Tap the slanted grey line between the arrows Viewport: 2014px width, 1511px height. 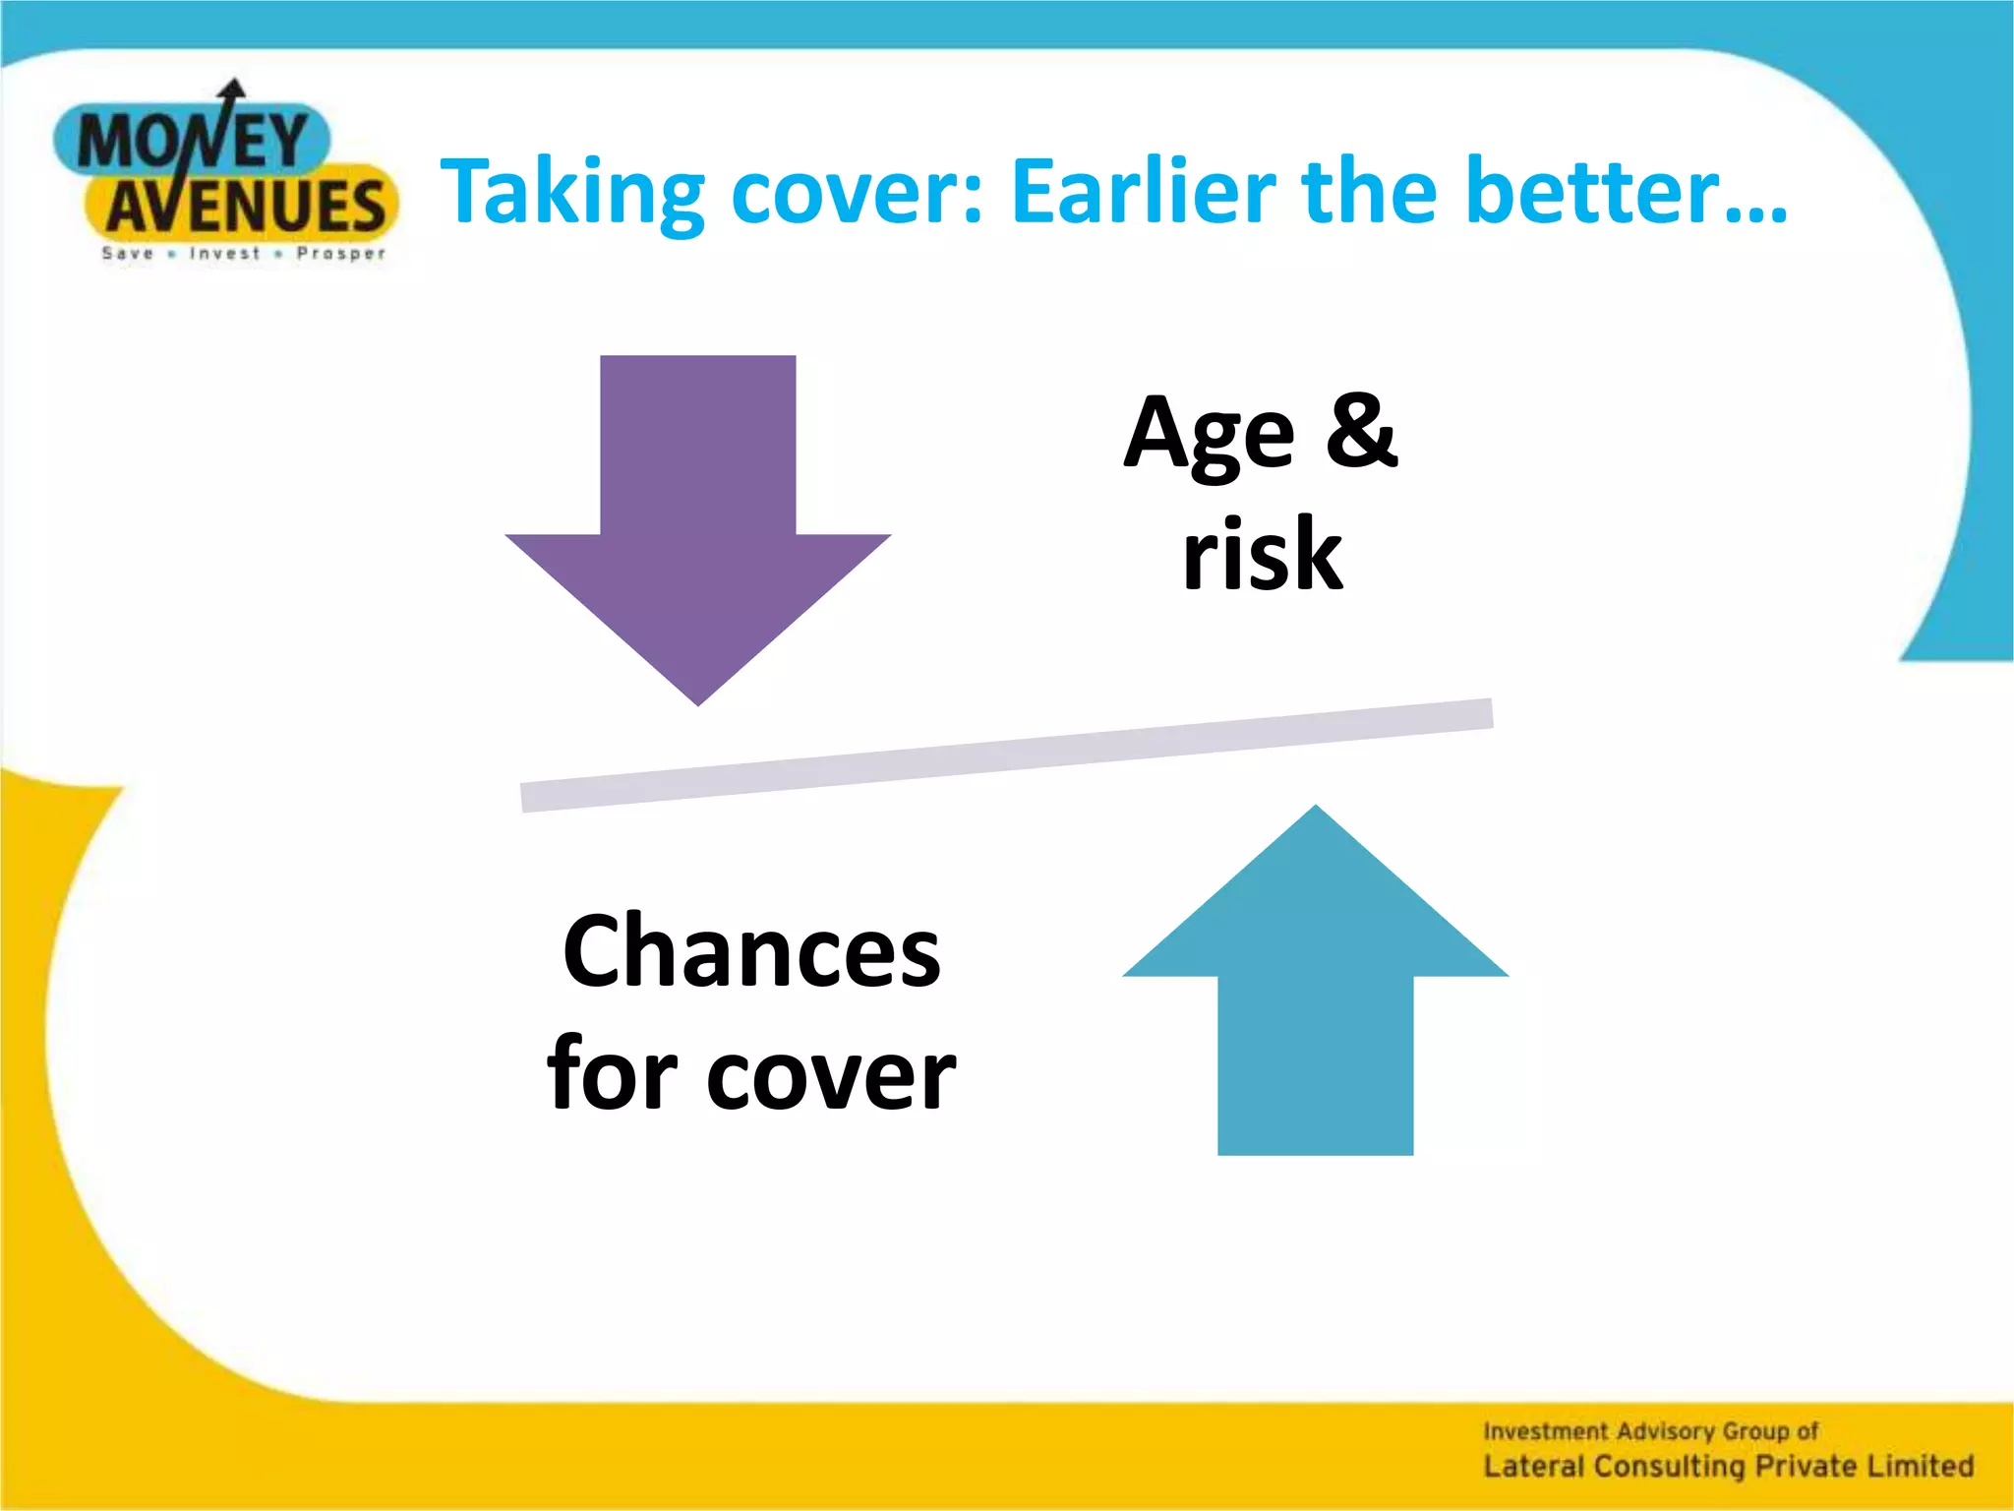[1006, 755]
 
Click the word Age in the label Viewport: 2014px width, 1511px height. [1210, 436]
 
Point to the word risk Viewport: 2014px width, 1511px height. [1263, 556]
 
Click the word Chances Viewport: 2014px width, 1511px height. [751, 952]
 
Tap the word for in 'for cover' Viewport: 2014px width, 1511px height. [613, 1074]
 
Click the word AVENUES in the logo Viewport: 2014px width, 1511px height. [246, 208]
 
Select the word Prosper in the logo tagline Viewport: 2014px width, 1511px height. [341, 254]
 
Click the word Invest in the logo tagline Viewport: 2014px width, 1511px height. [225, 254]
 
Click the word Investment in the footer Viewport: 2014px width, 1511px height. [1545, 1431]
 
